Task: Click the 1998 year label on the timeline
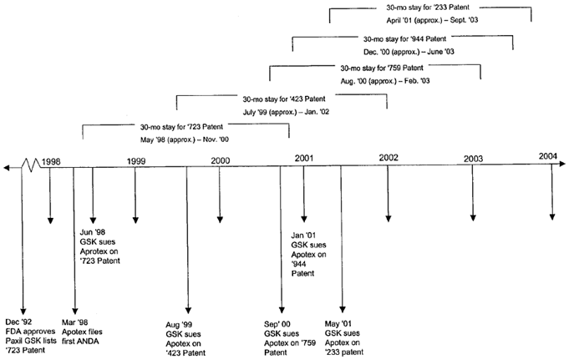point(51,162)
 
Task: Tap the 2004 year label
point(547,156)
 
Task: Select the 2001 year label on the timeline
point(304,158)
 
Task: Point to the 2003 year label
point(474,159)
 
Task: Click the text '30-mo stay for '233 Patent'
point(428,8)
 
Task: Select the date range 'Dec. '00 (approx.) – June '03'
point(409,52)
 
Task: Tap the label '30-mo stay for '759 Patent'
point(382,68)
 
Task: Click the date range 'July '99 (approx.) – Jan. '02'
point(286,112)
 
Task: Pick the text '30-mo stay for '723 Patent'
point(181,127)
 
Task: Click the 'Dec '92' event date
point(18,322)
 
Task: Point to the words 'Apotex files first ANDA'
point(82,337)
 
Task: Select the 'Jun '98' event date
point(92,232)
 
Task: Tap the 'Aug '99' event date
point(179,325)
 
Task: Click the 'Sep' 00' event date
point(277,324)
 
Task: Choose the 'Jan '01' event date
point(303,236)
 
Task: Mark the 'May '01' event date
point(338,324)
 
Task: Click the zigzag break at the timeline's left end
point(31,165)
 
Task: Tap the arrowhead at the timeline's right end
point(562,164)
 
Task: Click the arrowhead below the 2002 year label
point(389,219)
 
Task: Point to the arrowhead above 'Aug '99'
point(188,311)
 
